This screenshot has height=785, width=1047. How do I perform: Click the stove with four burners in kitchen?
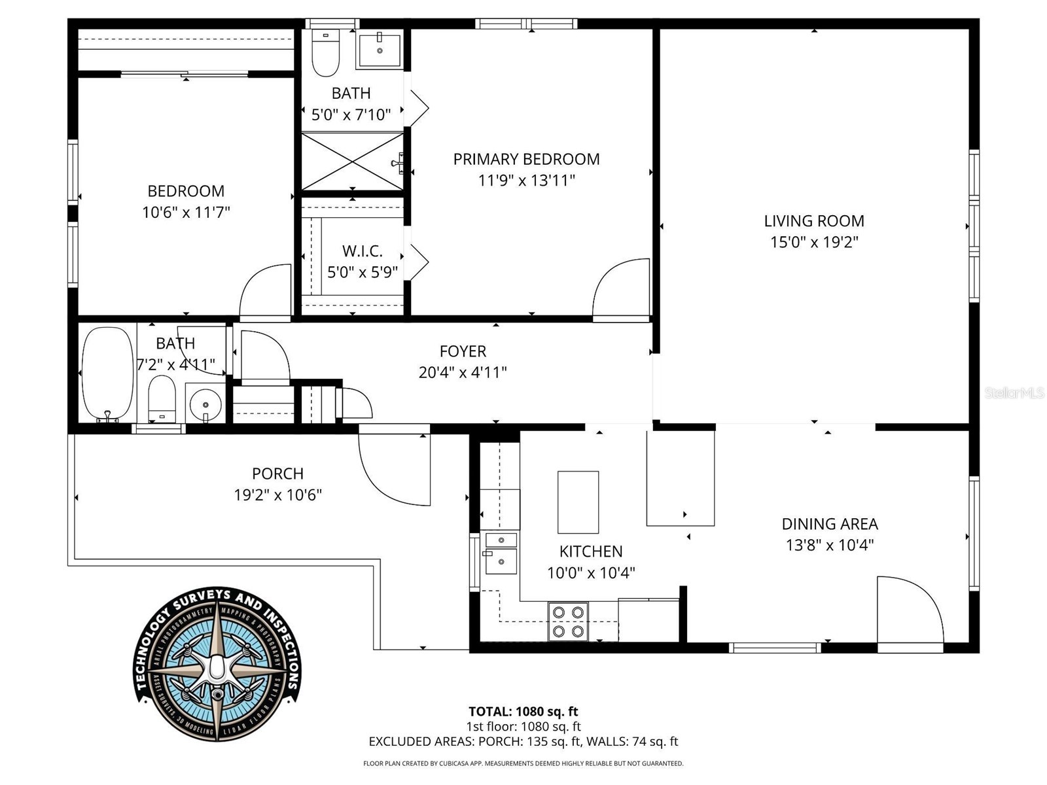click(568, 621)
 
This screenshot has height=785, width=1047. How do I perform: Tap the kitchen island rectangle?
click(578, 502)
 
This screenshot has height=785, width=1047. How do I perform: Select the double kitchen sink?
click(501, 553)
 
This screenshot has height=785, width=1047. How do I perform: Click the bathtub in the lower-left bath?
click(107, 374)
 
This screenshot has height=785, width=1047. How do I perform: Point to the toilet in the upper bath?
click(325, 53)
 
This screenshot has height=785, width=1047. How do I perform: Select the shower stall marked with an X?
click(352, 162)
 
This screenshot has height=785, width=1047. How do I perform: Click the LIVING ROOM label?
click(813, 221)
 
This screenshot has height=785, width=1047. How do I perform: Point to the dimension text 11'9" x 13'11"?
click(526, 180)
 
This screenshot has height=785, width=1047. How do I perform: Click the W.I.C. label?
click(362, 251)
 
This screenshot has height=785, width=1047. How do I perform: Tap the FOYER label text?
click(463, 351)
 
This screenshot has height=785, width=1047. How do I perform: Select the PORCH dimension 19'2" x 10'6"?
click(277, 495)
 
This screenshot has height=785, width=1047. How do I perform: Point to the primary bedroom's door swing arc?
click(618, 288)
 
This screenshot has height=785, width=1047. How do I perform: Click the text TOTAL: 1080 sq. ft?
click(523, 711)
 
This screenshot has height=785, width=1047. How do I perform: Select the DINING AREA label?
click(829, 524)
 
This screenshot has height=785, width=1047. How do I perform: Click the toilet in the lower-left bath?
click(162, 397)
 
